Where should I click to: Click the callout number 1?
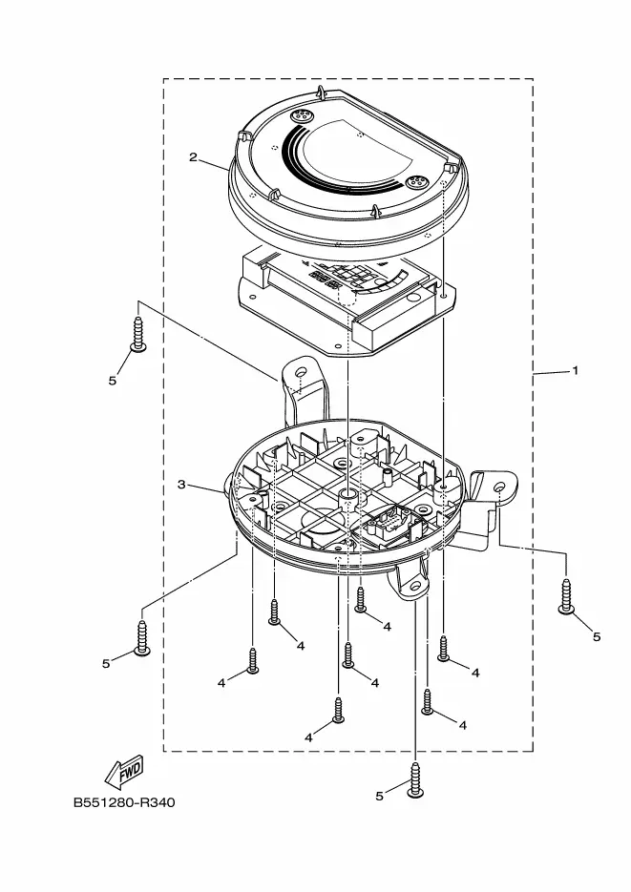click(575, 371)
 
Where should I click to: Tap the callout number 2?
click(193, 157)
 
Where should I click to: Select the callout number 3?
click(181, 485)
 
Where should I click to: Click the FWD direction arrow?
click(125, 770)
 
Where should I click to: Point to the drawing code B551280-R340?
click(124, 802)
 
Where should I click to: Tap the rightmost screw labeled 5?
click(567, 596)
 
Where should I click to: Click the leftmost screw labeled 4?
click(253, 660)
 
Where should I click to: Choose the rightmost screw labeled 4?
click(444, 649)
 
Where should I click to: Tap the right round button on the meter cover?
click(414, 181)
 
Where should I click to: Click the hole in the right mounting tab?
click(499, 489)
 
